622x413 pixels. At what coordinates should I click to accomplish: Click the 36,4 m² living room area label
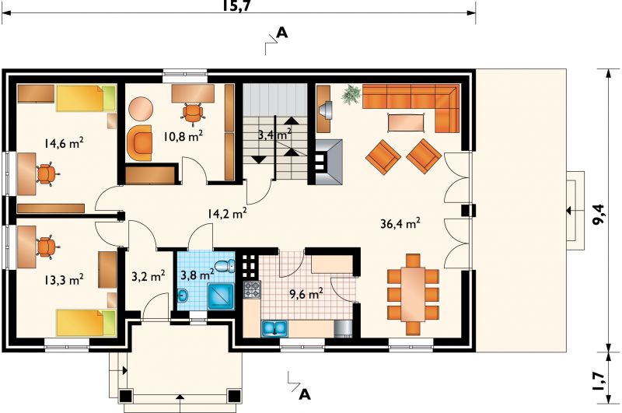tap(400, 224)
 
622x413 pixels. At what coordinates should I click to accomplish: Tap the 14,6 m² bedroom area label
tap(64, 143)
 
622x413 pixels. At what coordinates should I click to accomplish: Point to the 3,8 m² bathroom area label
tap(197, 274)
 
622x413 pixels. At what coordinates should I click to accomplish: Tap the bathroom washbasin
tap(183, 296)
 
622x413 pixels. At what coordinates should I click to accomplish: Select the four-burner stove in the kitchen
tap(252, 289)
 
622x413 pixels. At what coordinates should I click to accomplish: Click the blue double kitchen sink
tap(274, 328)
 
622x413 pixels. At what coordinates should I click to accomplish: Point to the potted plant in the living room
tap(351, 95)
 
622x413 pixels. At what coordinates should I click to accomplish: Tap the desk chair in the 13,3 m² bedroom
tap(47, 247)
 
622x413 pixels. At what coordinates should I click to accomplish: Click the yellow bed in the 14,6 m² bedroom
tap(86, 98)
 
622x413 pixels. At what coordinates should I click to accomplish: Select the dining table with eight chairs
tap(413, 294)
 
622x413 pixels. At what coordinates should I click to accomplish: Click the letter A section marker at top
tap(281, 33)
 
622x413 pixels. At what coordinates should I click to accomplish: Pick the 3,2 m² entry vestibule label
tap(149, 276)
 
